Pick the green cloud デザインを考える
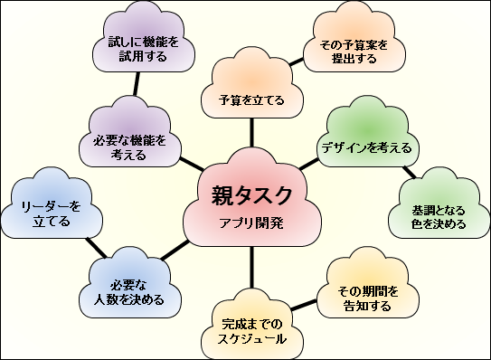[365, 146]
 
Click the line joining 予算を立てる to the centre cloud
[252, 136]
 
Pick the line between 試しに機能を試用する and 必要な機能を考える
[137, 88]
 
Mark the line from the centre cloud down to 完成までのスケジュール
[252, 268]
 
